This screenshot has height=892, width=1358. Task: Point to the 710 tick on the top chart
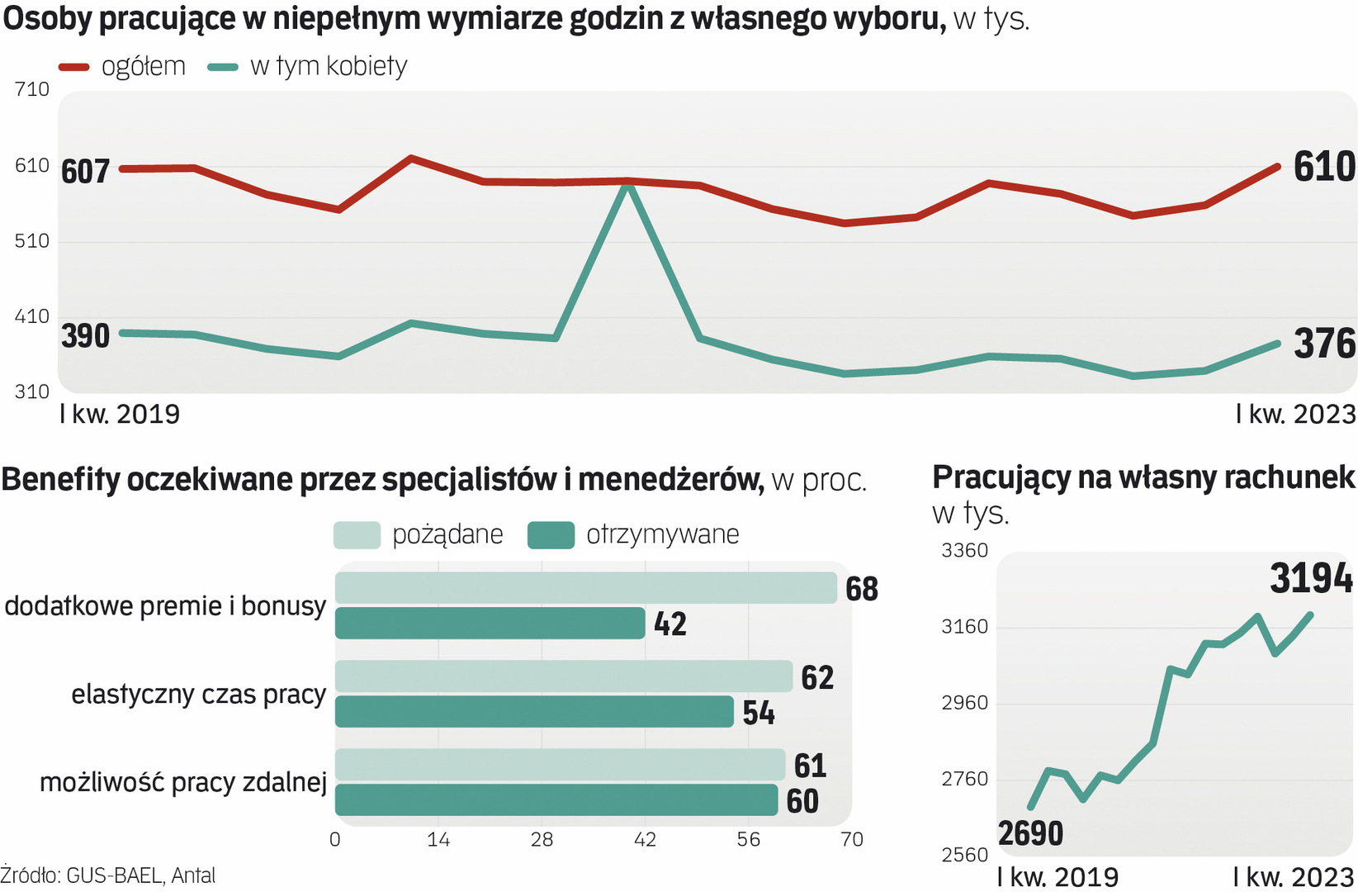[32, 89]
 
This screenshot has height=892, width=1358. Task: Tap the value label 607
[85, 172]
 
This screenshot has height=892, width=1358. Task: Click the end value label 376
[1323, 344]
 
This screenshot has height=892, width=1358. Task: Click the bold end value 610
[1323, 167]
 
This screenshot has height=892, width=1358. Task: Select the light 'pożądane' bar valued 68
[585, 588]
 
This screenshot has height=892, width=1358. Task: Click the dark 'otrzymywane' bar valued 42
[490, 624]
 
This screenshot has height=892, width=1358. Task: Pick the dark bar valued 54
[534, 712]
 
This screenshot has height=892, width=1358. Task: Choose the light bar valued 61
[560, 765]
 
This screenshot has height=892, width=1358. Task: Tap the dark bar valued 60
[556, 800]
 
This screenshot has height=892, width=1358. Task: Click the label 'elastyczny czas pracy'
[199, 695]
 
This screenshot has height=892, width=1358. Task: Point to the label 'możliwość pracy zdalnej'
[183, 782]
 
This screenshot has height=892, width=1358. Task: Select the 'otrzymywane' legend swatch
[551, 535]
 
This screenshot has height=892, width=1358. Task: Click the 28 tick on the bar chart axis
[542, 840]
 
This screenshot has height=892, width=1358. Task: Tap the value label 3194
[1311, 578]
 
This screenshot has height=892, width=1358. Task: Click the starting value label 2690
[1030, 833]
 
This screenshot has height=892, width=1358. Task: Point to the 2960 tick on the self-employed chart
[964, 703]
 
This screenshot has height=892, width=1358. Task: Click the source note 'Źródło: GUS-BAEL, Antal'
[108, 875]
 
